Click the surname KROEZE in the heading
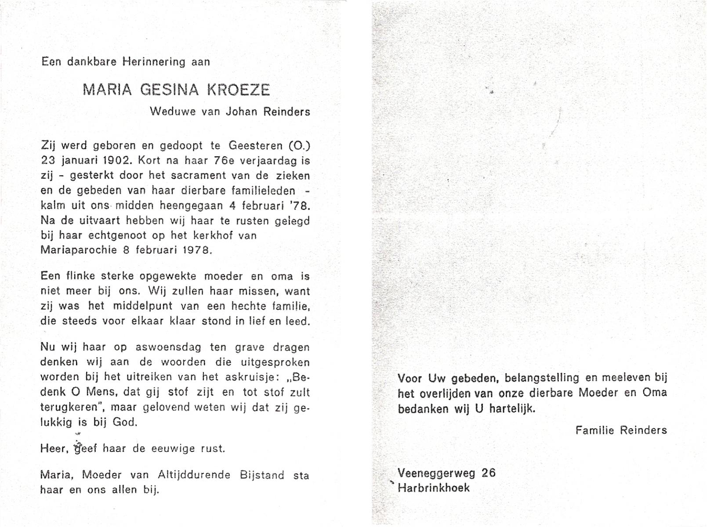click(x=238, y=90)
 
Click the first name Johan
click(x=241, y=112)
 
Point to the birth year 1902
click(x=104, y=161)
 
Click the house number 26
click(x=488, y=473)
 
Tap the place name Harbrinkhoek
click(x=434, y=488)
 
